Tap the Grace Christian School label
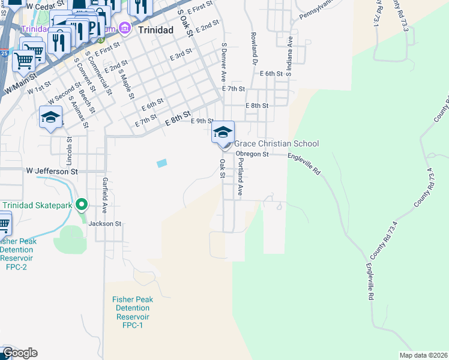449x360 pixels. [276, 143]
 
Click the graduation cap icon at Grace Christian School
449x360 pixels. [223, 132]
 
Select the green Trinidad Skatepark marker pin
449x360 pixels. [83, 205]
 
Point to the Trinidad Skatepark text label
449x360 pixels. [37, 205]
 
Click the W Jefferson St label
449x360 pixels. [52, 171]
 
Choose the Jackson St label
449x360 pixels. [105, 223]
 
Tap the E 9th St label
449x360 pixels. [202, 121]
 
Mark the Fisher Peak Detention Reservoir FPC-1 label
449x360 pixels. [133, 312]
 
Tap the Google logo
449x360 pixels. [19, 353]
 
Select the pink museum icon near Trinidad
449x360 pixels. [125, 28]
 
